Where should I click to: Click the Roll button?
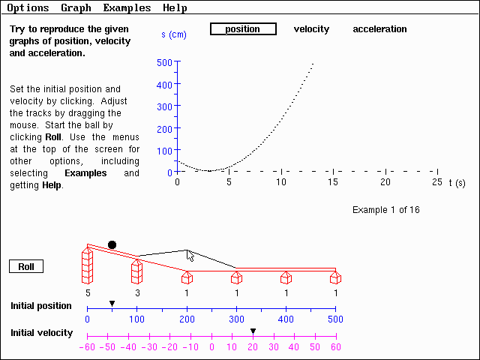click(x=26, y=266)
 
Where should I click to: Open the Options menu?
click(x=28, y=8)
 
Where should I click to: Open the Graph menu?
click(x=76, y=8)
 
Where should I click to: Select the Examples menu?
click(x=127, y=8)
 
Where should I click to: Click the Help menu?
click(x=175, y=8)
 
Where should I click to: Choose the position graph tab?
click(x=243, y=29)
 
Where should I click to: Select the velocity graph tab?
click(x=311, y=29)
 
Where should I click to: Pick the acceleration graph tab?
click(x=379, y=29)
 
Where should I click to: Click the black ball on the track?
click(x=112, y=244)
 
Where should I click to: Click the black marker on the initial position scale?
click(x=112, y=304)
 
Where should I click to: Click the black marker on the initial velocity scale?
click(x=253, y=331)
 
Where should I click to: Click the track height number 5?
click(x=88, y=292)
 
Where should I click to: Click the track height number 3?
click(x=136, y=292)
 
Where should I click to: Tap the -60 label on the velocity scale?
click(x=88, y=347)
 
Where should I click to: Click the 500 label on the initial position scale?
click(x=335, y=319)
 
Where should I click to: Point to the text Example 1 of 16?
click(x=385, y=209)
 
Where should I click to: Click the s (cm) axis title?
click(x=173, y=35)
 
